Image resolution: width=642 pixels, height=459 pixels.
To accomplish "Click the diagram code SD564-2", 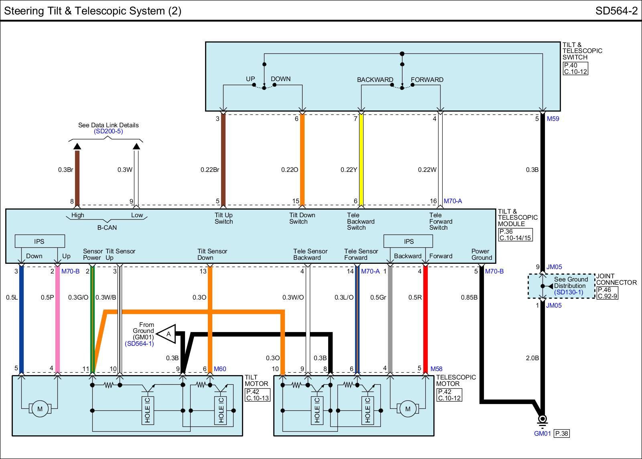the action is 616,11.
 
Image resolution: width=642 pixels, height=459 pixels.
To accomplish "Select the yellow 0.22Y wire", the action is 361,159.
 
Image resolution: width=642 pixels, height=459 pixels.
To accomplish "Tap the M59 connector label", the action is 553,119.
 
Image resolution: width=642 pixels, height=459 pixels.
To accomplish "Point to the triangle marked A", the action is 167,334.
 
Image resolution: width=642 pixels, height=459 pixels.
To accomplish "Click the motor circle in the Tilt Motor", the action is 40,409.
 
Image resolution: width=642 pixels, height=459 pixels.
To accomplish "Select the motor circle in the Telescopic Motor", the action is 408,409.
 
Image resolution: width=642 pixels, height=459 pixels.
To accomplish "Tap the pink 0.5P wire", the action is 57,319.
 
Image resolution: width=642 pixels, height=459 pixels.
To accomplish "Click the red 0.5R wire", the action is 425,319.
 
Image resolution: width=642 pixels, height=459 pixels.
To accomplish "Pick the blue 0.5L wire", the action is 21,319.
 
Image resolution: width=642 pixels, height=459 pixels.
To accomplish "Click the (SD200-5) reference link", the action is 108,131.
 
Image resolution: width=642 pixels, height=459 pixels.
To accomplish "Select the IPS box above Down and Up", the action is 40,241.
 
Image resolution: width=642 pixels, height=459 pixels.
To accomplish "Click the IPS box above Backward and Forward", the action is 408,241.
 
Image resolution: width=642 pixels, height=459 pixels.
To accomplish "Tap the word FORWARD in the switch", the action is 427,80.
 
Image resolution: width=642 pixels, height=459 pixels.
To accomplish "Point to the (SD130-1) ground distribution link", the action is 569,292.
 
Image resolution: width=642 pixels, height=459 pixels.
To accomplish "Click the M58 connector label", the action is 436,369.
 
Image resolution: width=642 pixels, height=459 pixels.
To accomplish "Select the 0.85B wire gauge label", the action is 469,298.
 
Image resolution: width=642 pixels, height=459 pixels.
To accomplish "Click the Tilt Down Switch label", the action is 302,218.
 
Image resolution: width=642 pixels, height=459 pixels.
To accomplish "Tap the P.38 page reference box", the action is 561,433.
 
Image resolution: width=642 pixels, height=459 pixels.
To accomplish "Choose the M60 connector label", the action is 220,369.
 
